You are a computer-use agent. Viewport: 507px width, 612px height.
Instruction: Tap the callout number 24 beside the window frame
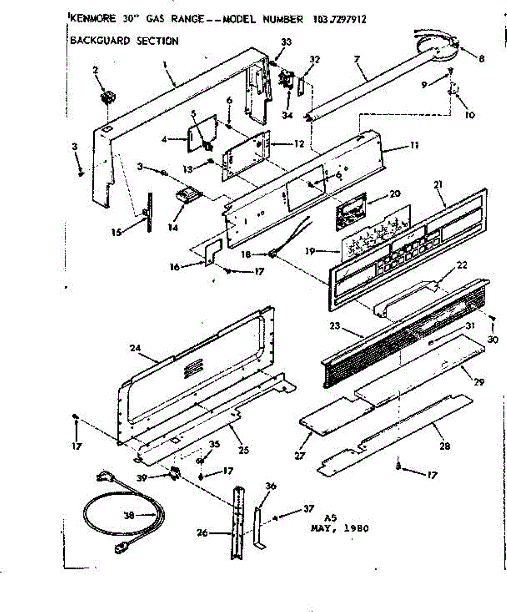pos(135,349)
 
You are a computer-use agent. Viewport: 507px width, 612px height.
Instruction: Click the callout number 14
pos(173,227)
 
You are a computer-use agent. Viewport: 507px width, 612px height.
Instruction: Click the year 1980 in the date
pos(355,528)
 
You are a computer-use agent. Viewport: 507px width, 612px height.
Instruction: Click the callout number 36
pos(271,486)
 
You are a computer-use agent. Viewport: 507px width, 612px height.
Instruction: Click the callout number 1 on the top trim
pos(166,64)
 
